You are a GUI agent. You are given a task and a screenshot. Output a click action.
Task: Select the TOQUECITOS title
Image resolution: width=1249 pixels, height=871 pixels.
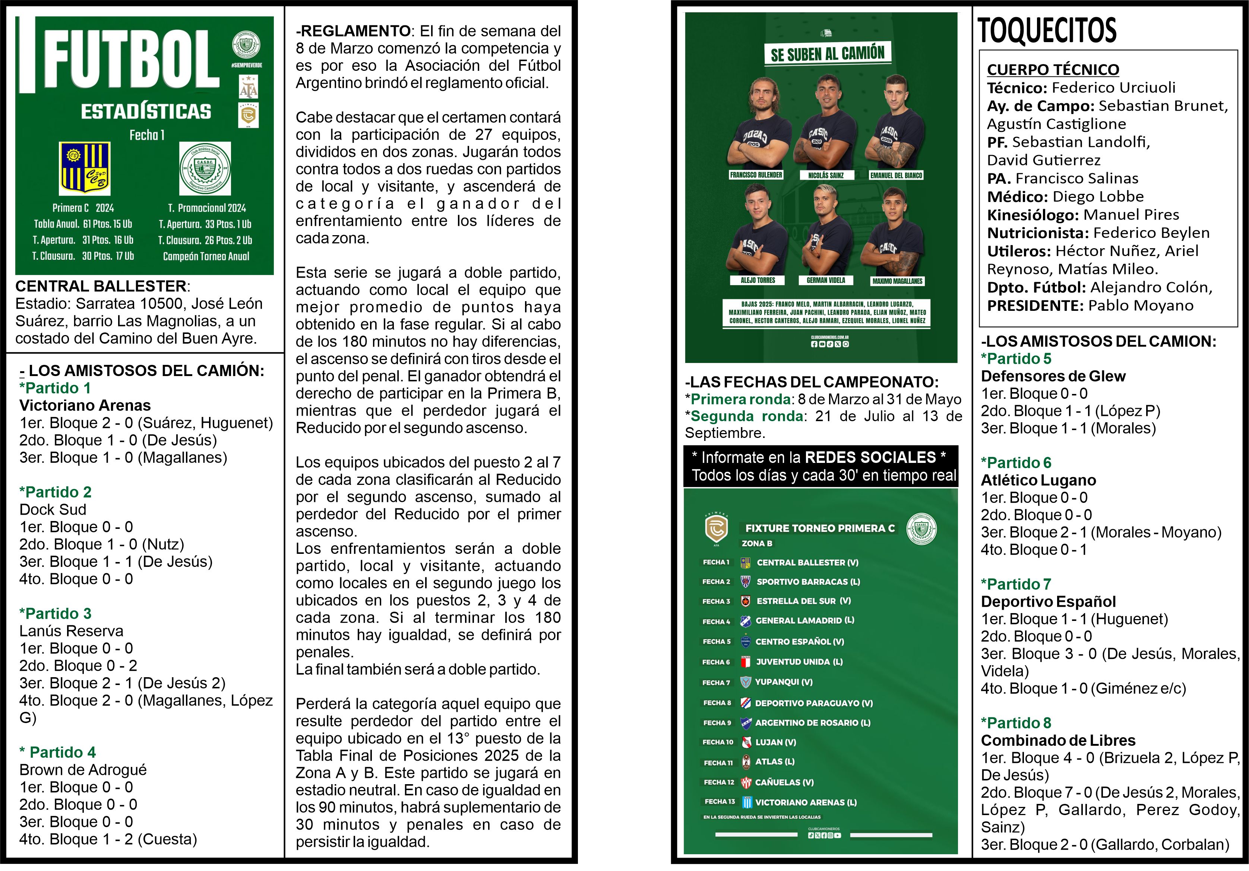click(x=1047, y=31)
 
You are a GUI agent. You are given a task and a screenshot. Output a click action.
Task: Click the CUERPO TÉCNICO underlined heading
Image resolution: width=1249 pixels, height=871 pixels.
click(x=1053, y=70)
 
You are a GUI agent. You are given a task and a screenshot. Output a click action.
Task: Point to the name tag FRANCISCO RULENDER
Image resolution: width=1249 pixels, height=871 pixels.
click(x=756, y=175)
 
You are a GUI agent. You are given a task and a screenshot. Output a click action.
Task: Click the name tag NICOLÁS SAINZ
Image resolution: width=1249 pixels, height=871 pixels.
click(x=826, y=175)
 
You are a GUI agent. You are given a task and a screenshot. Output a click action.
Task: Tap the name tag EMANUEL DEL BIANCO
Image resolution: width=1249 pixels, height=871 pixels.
click(x=896, y=175)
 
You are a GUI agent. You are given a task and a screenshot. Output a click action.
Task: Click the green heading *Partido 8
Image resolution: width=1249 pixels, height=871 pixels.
click(x=1016, y=722)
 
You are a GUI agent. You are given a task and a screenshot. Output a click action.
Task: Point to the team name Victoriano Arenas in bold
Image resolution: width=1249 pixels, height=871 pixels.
click(x=85, y=405)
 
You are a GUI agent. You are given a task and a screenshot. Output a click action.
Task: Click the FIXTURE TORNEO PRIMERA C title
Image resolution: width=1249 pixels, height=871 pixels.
click(x=820, y=528)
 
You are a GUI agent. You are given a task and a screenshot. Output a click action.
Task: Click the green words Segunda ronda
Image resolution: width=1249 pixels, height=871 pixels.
click(x=747, y=416)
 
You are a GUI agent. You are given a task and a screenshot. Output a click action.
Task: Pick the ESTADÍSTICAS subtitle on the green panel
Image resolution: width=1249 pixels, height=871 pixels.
click(x=146, y=111)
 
